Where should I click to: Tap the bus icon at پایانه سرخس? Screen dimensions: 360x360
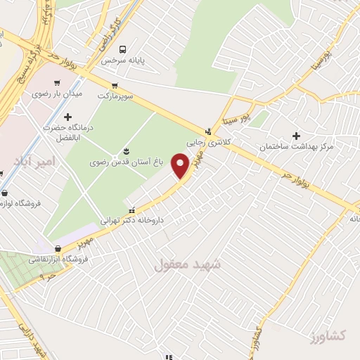point(123,49)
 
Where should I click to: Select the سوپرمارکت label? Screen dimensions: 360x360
point(117,94)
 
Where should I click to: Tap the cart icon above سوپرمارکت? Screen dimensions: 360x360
point(117,83)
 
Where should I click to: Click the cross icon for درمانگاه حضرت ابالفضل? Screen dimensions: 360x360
point(67,117)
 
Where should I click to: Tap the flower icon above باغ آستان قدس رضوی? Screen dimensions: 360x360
point(126,151)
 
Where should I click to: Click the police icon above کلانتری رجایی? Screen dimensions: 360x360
point(207,131)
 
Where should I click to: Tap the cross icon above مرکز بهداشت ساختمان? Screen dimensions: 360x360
point(295,136)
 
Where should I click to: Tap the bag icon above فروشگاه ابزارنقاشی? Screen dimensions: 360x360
point(58,248)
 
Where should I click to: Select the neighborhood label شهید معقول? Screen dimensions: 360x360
point(187,265)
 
